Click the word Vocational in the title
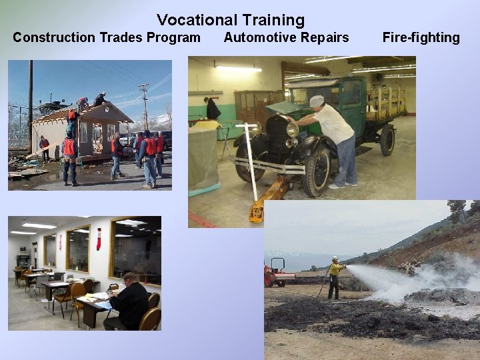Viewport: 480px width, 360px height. click(x=193, y=21)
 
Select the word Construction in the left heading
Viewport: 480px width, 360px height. click(x=53, y=37)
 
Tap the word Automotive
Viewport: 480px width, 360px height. click(x=256, y=37)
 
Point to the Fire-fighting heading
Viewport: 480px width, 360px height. click(x=421, y=37)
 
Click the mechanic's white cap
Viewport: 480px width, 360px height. click(x=317, y=101)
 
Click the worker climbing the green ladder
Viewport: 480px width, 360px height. click(x=71, y=120)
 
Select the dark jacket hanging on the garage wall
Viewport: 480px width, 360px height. click(x=213, y=109)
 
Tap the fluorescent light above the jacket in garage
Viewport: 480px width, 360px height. click(x=239, y=68)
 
